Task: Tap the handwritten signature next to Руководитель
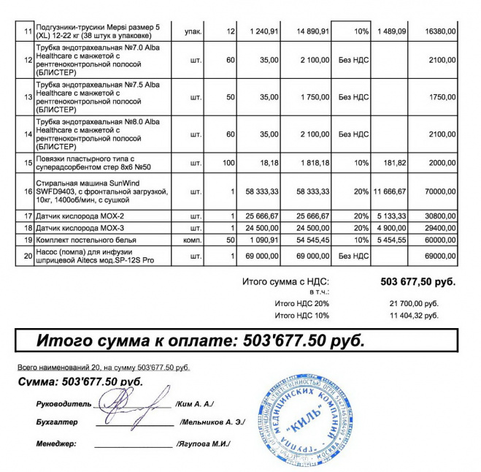(135, 403)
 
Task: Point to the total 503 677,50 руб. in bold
(417, 281)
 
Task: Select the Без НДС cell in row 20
(354, 256)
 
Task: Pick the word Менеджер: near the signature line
(56, 444)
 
